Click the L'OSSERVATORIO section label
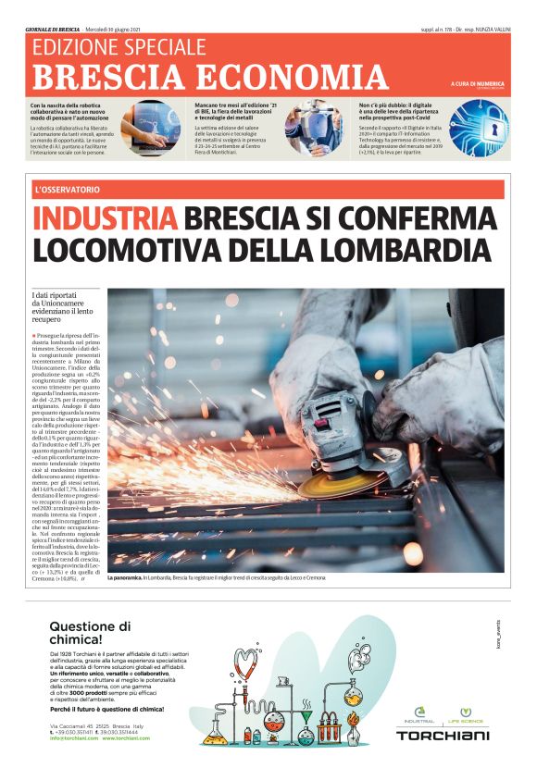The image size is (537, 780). (66, 190)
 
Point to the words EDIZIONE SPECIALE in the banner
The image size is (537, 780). (119, 47)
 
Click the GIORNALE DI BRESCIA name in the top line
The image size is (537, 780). (53, 29)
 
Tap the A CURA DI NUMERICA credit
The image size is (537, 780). (478, 85)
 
